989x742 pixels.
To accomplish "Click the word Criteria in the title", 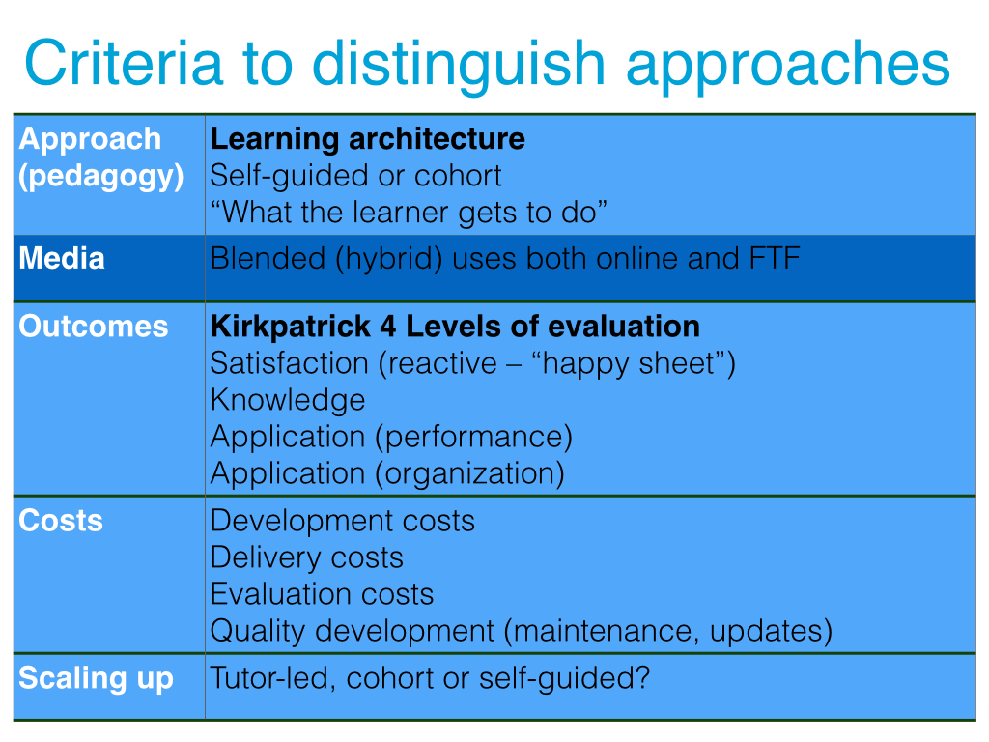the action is coord(125,63).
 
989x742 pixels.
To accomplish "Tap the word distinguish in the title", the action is coord(459,68).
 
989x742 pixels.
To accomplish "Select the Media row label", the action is coord(62,258).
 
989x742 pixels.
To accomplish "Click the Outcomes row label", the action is coord(94,327).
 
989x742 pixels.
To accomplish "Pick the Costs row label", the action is coord(61,521).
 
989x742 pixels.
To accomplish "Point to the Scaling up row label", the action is coord(96,679).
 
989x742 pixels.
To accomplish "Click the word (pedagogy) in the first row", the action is coord(100,176).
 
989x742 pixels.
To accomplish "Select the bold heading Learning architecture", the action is coord(368,139).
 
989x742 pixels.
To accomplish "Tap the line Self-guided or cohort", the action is coord(355,176).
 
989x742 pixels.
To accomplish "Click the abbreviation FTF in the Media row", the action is coord(775,258).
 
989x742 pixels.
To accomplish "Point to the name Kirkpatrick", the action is coord(291,327).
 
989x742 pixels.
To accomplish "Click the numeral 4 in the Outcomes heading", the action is coord(388,327).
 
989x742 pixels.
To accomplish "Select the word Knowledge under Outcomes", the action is coord(288,401).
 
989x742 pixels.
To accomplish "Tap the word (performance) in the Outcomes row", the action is coord(473,437).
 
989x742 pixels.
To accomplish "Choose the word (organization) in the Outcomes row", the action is coord(470,473).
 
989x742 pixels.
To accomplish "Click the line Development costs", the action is coord(343,521).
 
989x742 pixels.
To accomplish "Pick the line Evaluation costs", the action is coord(323,594).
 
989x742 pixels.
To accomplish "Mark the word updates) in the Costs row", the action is coord(771,631).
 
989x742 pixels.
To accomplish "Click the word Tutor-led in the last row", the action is coord(272,678).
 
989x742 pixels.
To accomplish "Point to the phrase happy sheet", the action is coord(628,364).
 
